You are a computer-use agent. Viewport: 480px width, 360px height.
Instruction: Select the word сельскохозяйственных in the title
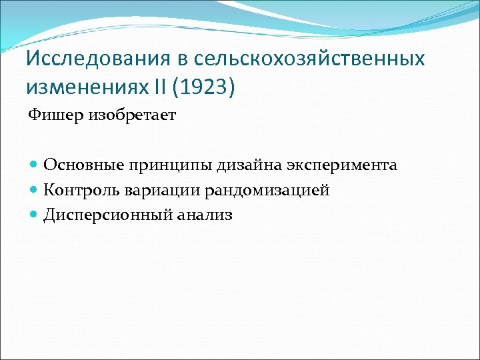pos(309,59)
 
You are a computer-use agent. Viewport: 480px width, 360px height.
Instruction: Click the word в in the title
pos(184,59)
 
